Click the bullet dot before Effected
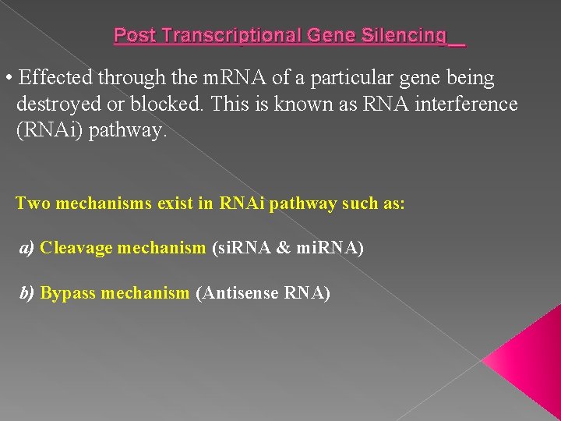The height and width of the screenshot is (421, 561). pos(8,79)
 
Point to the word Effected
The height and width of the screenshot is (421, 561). pos(55,78)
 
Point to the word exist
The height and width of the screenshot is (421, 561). pos(176,203)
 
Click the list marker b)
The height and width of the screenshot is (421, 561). pos(27,293)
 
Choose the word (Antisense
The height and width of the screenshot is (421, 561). pos(237,293)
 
